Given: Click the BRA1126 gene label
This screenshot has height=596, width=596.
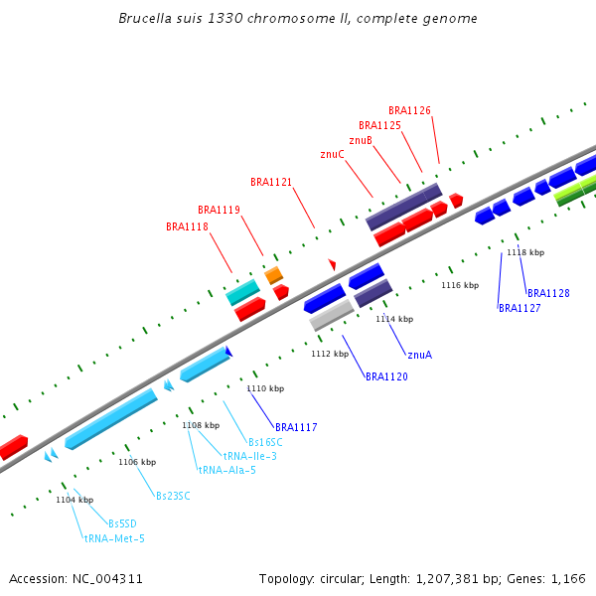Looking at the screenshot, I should click(x=409, y=110).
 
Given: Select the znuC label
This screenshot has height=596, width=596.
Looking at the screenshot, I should click(x=332, y=155).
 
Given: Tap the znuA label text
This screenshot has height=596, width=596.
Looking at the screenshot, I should click(x=419, y=355).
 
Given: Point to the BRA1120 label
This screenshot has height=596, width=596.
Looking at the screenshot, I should click(x=386, y=376).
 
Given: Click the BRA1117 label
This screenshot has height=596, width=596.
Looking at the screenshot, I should click(x=296, y=427).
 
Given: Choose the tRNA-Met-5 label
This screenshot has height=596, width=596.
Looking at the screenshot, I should click(x=114, y=538).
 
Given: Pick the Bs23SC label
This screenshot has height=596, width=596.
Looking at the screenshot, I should click(x=173, y=496).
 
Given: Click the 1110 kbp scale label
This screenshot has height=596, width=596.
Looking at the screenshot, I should click(x=265, y=388).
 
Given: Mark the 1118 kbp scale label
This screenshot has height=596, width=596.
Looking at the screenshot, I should click(x=525, y=252).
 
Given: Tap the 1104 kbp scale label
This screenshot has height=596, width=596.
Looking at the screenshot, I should click(x=74, y=500).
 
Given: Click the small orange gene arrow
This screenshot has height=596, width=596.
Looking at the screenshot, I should click(x=273, y=274).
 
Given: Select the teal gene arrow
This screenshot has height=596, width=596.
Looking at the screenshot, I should click(x=242, y=292).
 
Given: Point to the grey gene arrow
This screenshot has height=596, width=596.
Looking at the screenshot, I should click(x=331, y=316).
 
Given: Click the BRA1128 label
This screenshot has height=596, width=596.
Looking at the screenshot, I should click(x=548, y=293).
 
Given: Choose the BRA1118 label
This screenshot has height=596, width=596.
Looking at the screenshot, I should click(x=187, y=226).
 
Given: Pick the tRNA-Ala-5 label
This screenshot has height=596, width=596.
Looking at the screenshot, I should click(x=226, y=470).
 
